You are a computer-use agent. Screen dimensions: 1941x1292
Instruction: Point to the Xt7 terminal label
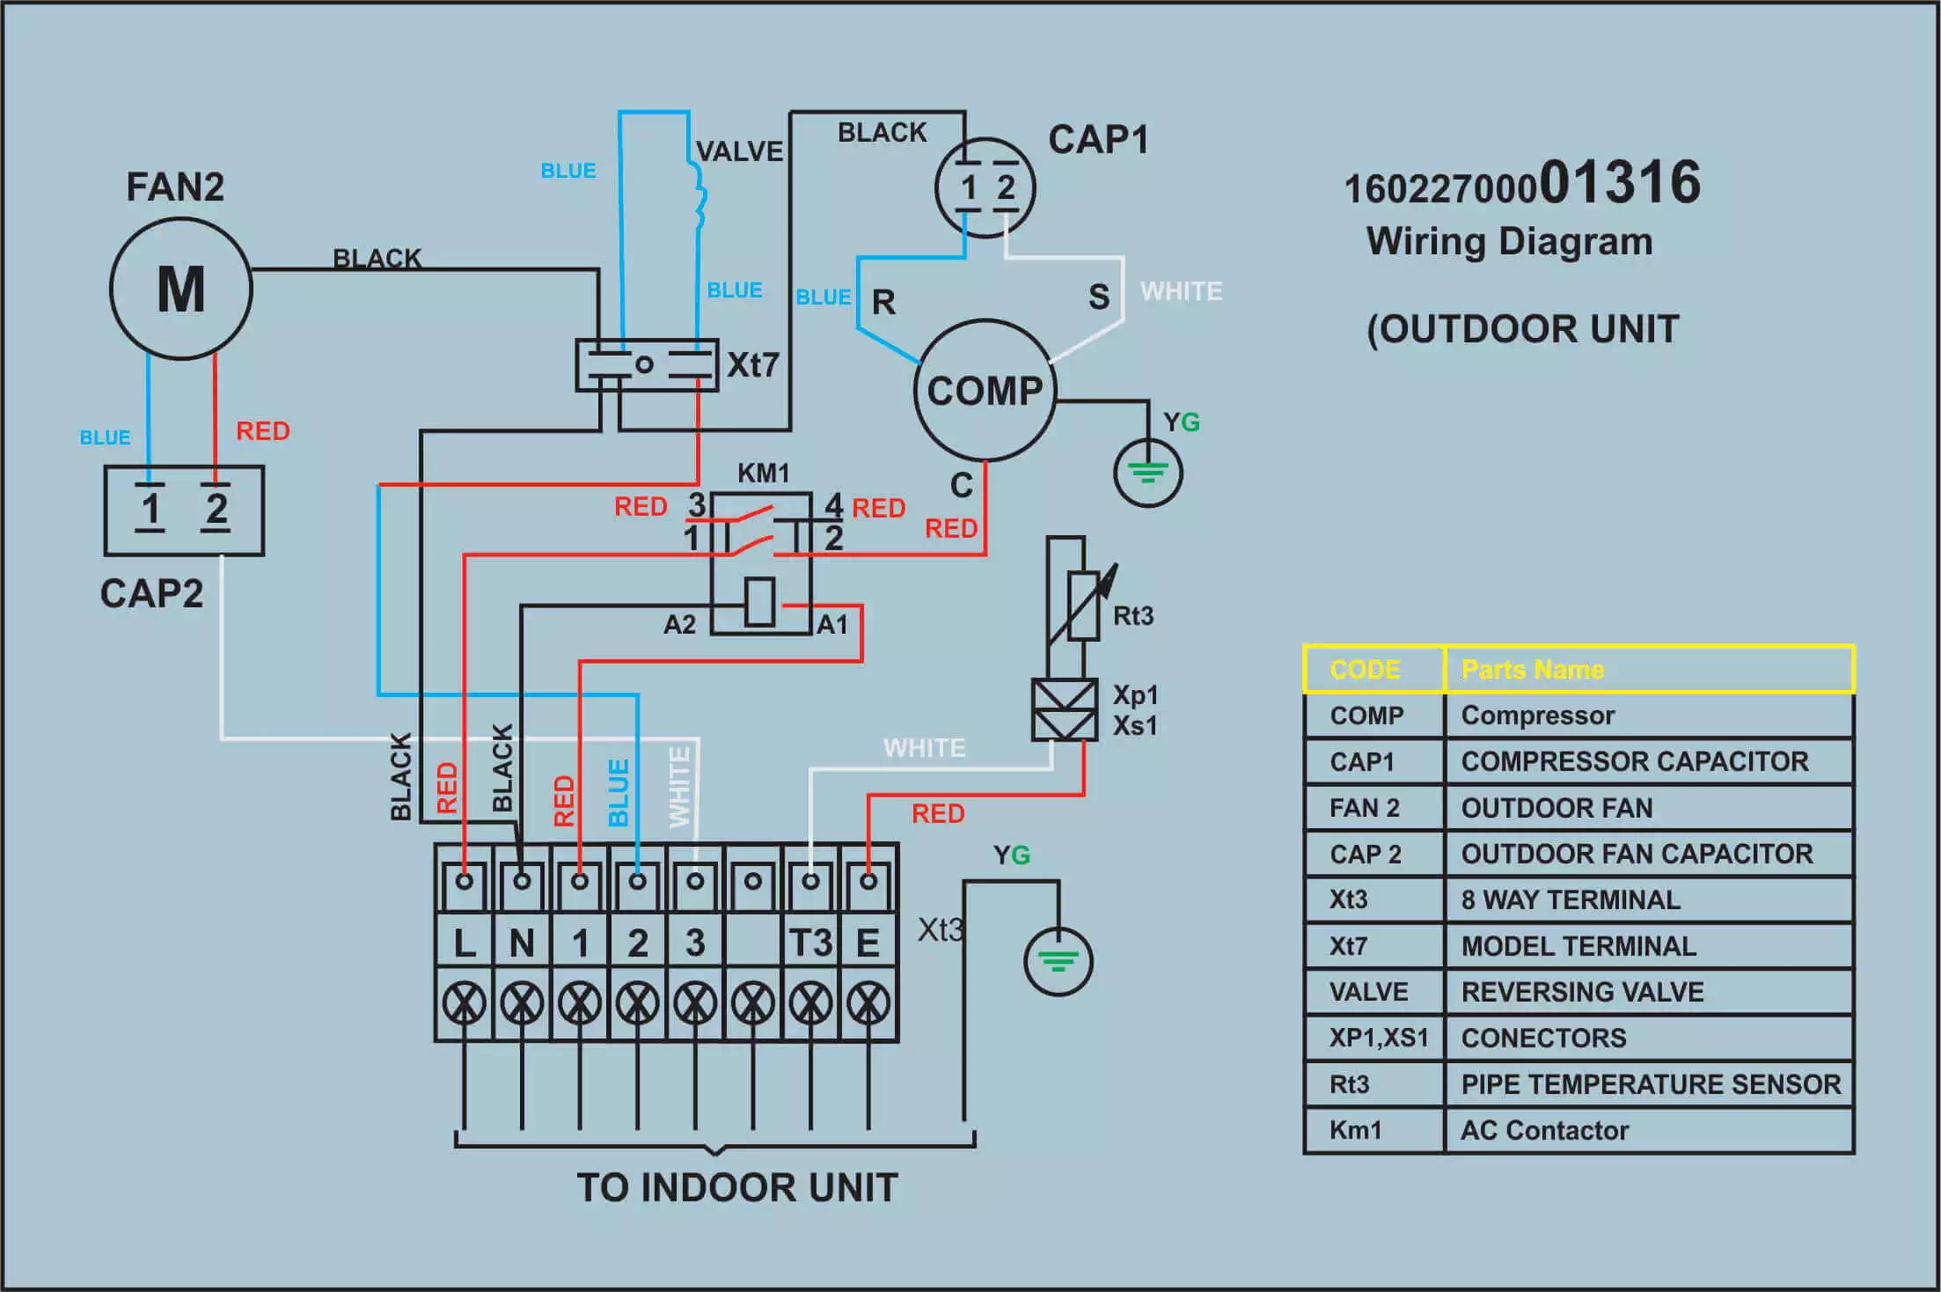pyautogui.click(x=752, y=364)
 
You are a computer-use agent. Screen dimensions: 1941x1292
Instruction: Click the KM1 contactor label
pyautogui.click(x=763, y=473)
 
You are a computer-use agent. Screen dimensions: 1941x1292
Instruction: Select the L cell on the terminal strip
pyautogui.click(x=465, y=943)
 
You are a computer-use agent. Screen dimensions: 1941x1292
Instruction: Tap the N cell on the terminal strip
pyautogui.click(x=522, y=943)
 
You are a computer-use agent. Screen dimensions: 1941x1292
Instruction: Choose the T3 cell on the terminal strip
pyautogui.click(x=810, y=943)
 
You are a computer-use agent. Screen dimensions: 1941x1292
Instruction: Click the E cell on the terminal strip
pyautogui.click(x=868, y=943)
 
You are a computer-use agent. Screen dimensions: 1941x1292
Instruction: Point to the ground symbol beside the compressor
pyautogui.click(x=1148, y=473)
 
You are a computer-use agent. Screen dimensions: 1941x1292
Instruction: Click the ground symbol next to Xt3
pyautogui.click(x=1058, y=961)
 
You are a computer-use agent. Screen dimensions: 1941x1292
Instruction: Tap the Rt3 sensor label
pyautogui.click(x=1133, y=615)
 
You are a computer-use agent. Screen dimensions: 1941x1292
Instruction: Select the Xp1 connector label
pyautogui.click(x=1135, y=694)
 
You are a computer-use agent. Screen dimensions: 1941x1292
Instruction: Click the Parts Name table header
pyautogui.click(x=1533, y=670)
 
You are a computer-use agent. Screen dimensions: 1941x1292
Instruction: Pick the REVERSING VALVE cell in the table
pyautogui.click(x=1582, y=992)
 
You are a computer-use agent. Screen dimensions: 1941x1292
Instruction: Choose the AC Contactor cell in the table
pyautogui.click(x=1545, y=1130)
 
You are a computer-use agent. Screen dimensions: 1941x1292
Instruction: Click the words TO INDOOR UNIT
pyautogui.click(x=737, y=1187)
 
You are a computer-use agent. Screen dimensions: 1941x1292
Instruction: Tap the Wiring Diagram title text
pyautogui.click(x=1510, y=241)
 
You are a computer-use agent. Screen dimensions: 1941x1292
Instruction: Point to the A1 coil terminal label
pyautogui.click(x=832, y=625)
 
